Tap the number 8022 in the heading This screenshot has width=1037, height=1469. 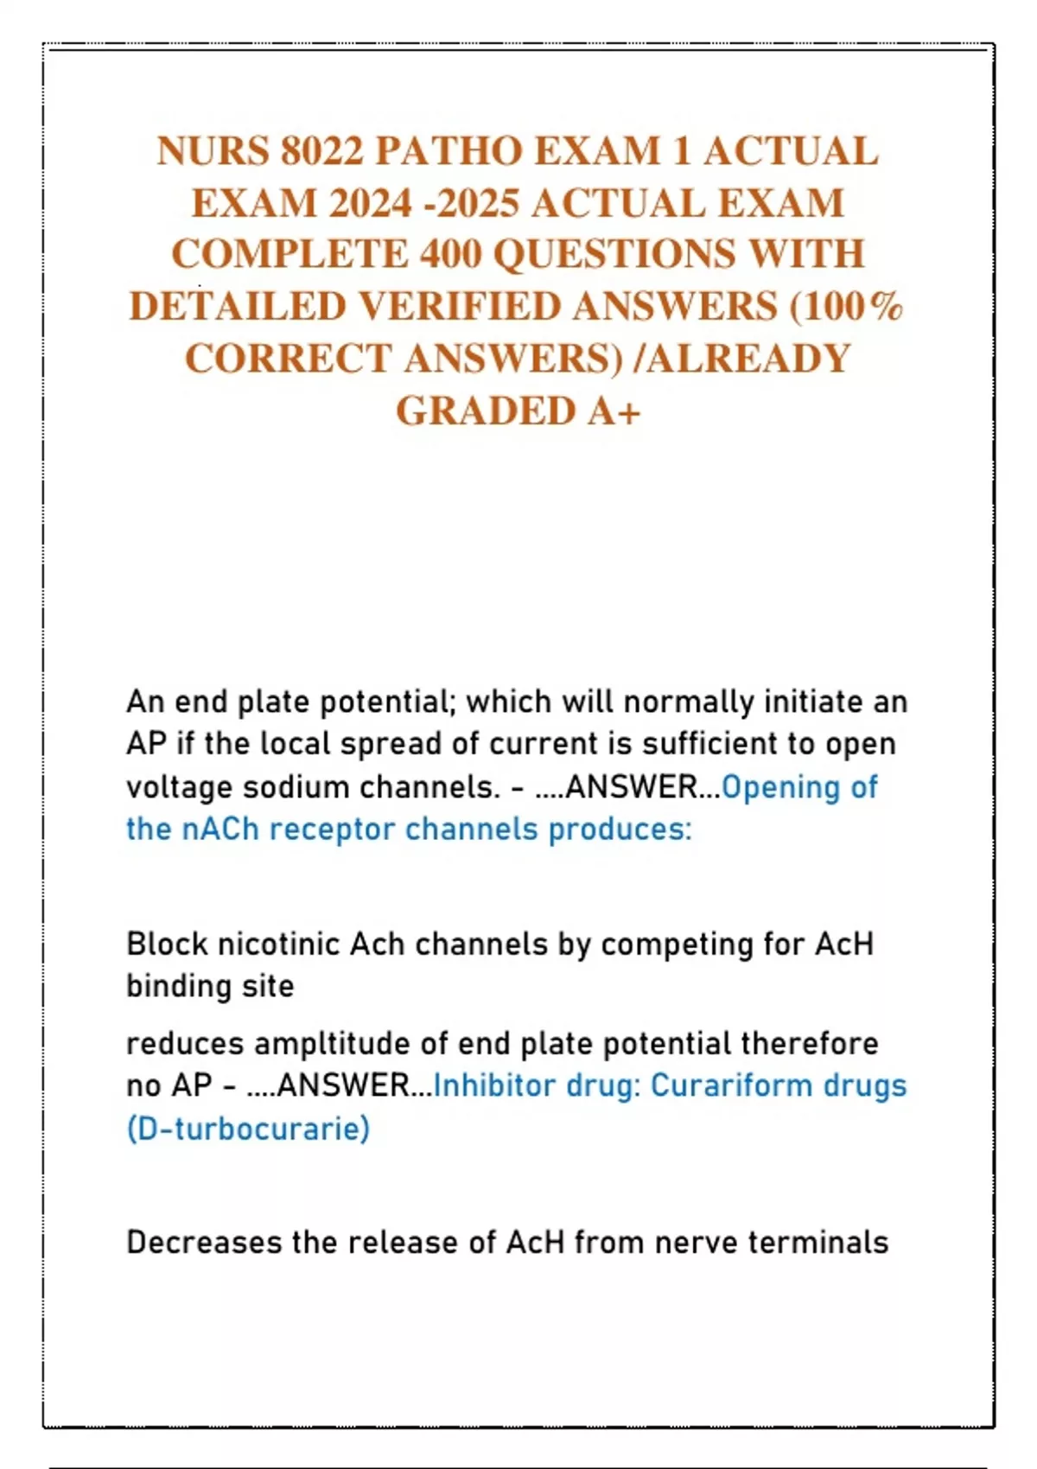click(321, 151)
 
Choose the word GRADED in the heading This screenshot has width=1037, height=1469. click(485, 410)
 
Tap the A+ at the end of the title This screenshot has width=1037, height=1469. click(614, 410)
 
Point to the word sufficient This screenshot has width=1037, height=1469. click(687, 744)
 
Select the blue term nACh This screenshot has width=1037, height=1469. click(220, 830)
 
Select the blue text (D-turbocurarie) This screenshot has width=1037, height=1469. click(248, 1129)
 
